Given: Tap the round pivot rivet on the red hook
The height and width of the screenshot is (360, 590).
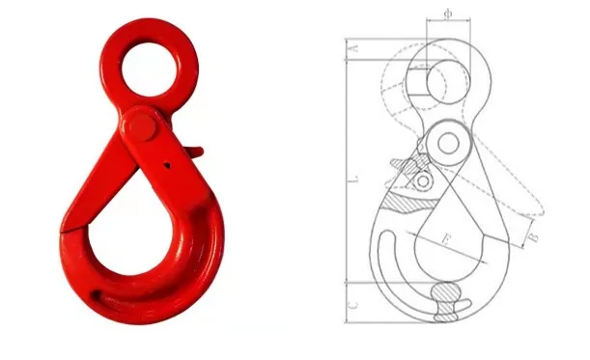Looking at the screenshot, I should pos(142,126).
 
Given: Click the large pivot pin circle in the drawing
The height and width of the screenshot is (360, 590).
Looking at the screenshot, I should pos(448,144).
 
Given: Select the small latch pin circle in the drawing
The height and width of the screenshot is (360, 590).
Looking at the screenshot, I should pos(422,180).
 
